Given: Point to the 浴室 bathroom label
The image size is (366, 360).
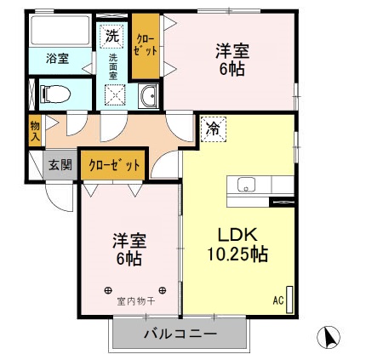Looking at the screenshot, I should pos(57,59).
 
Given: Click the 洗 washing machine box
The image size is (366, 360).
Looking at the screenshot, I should pos(111,37).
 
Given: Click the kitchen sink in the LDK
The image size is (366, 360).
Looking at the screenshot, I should pos(247,184).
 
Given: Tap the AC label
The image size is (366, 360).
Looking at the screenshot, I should pos(278,299).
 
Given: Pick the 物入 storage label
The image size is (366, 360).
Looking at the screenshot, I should pos(35,129).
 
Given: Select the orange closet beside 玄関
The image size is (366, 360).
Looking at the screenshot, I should pos(114,164).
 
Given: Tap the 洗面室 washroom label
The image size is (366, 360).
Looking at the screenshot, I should pos(112,67).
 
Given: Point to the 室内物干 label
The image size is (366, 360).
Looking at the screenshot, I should pos(135,300).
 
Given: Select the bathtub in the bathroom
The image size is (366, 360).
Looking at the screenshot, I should pos(59,31).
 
